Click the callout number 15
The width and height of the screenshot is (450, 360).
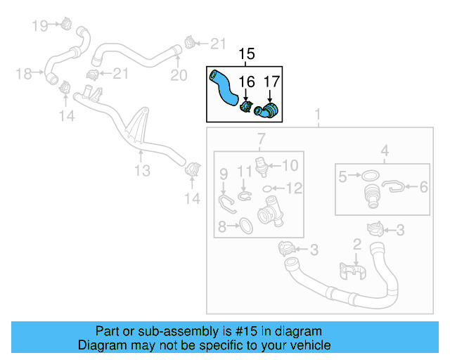click(x=247, y=54)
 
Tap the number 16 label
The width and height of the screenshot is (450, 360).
click(x=245, y=83)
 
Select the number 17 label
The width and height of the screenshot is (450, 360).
click(x=271, y=83)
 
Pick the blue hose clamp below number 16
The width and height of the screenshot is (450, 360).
click(x=246, y=108)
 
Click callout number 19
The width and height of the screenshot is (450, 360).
click(x=40, y=26)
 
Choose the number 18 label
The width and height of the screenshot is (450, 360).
click(x=24, y=73)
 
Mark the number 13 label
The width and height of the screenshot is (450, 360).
click(x=143, y=170)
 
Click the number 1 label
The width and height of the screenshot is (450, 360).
click(x=317, y=115)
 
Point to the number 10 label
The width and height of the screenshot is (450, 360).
click(x=290, y=165)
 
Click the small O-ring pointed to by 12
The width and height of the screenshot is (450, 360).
click(x=269, y=188)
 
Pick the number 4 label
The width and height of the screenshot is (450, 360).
click(x=385, y=150)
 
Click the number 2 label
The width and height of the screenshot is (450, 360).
click(x=356, y=245)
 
